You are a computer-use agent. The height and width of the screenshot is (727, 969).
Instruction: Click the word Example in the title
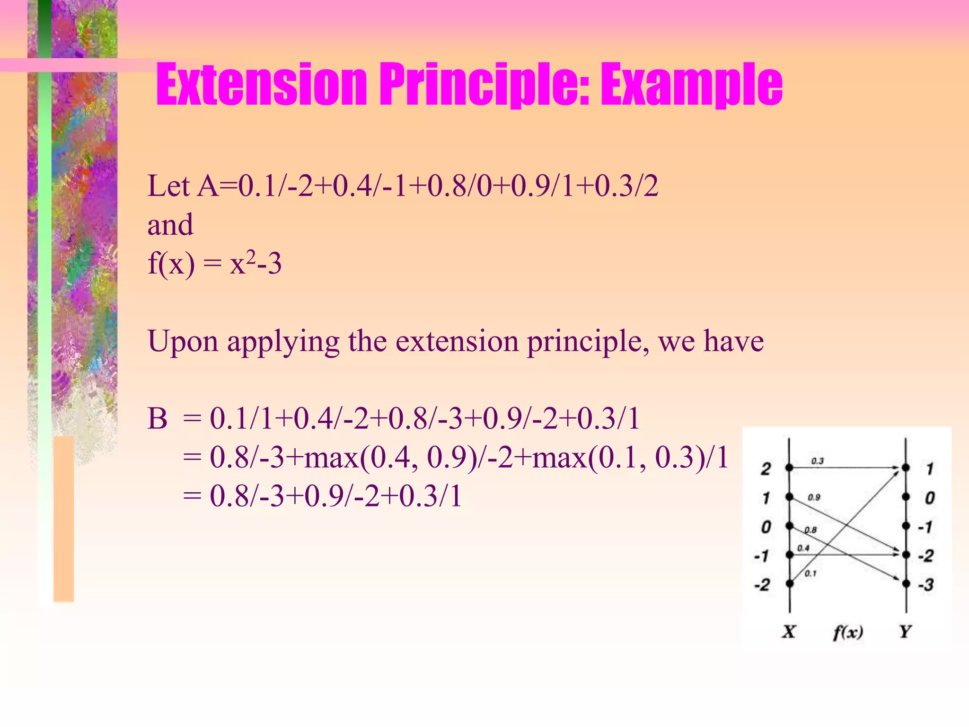pos(691,85)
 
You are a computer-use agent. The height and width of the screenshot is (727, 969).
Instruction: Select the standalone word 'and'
pos(170,224)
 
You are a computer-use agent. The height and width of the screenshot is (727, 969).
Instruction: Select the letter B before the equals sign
pos(158,419)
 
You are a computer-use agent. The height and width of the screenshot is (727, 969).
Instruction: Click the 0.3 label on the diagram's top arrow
pos(818,461)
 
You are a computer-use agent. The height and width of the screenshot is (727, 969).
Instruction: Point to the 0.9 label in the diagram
pos(814,497)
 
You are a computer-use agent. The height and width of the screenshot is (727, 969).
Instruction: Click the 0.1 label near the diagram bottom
pos(810,574)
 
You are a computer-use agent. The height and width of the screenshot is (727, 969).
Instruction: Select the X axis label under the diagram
pos(789,631)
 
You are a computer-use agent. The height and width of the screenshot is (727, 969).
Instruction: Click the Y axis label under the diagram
pos(905,631)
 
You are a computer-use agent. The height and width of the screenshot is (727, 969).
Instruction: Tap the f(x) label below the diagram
pos(848,632)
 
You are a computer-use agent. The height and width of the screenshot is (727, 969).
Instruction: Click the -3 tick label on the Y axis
pos(926,585)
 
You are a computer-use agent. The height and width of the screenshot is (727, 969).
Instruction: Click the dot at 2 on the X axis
pos(789,468)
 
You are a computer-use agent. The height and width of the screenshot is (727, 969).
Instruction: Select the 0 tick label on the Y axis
pos(930,498)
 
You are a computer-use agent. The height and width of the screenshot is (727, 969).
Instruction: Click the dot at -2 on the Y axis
pos(906,555)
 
